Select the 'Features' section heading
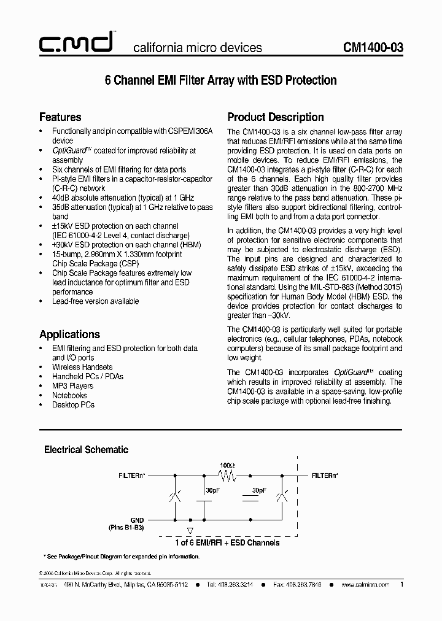click(60, 117)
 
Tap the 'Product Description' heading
click(276, 117)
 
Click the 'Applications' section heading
click(69, 334)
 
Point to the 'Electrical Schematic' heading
click(86, 450)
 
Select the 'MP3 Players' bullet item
click(72, 386)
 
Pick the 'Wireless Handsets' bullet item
click(82, 367)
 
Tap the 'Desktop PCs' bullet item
click(73, 404)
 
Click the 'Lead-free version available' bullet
click(95, 301)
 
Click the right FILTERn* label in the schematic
click(325, 476)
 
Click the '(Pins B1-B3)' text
click(126, 527)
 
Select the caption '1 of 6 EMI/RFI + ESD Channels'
click(227, 542)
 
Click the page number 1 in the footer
click(401, 585)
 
